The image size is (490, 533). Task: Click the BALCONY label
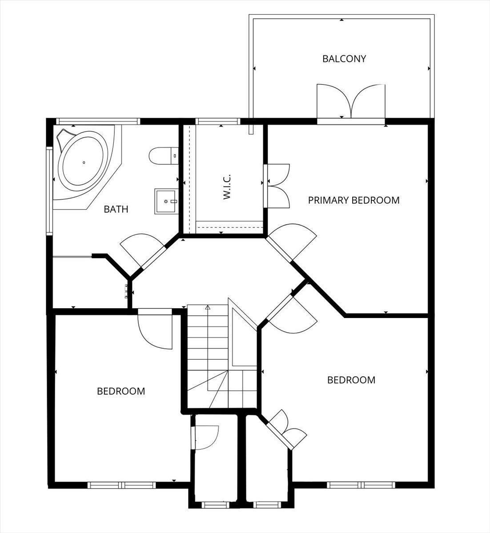(344, 59)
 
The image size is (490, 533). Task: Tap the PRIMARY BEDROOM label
(353, 200)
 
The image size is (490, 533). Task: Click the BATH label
(116, 209)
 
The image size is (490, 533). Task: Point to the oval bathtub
(84, 163)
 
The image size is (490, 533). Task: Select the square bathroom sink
(166, 201)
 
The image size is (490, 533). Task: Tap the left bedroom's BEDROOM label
(121, 391)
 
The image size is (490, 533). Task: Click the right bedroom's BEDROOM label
(351, 380)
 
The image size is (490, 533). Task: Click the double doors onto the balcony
(351, 102)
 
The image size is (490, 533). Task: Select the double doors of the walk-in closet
(276, 186)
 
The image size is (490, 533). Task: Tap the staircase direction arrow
(208, 307)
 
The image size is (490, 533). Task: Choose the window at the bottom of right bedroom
(361, 485)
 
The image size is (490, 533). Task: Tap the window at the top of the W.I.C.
(218, 121)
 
